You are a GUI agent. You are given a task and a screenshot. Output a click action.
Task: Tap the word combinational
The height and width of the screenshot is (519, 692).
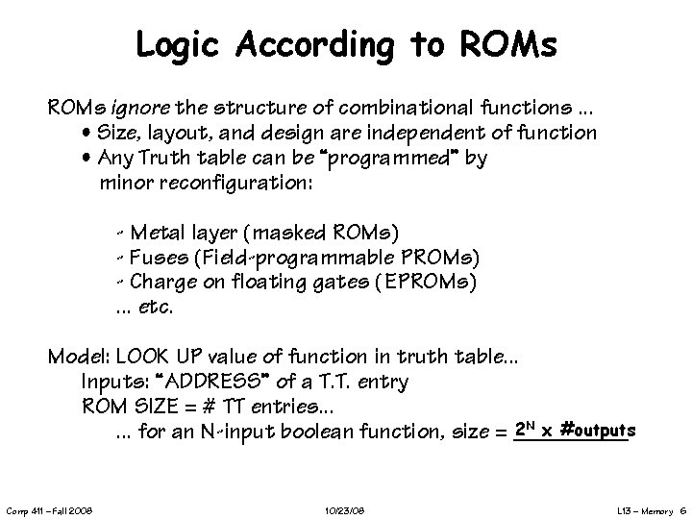(x=401, y=105)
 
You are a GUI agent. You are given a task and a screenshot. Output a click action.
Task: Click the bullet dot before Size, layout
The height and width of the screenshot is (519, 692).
(x=86, y=133)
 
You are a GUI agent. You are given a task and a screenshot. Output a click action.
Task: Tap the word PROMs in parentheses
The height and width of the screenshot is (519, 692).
(x=437, y=258)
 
